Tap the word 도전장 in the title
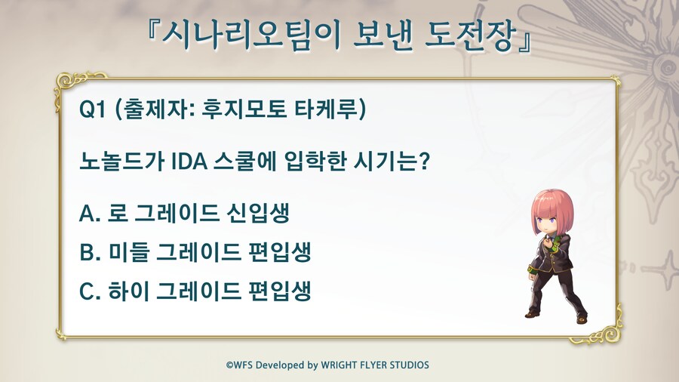tap(471, 35)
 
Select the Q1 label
tap(92, 109)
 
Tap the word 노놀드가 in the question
tap(121, 161)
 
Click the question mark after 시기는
tap(424, 161)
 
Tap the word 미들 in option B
tap(128, 252)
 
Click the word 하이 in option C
tap(128, 291)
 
